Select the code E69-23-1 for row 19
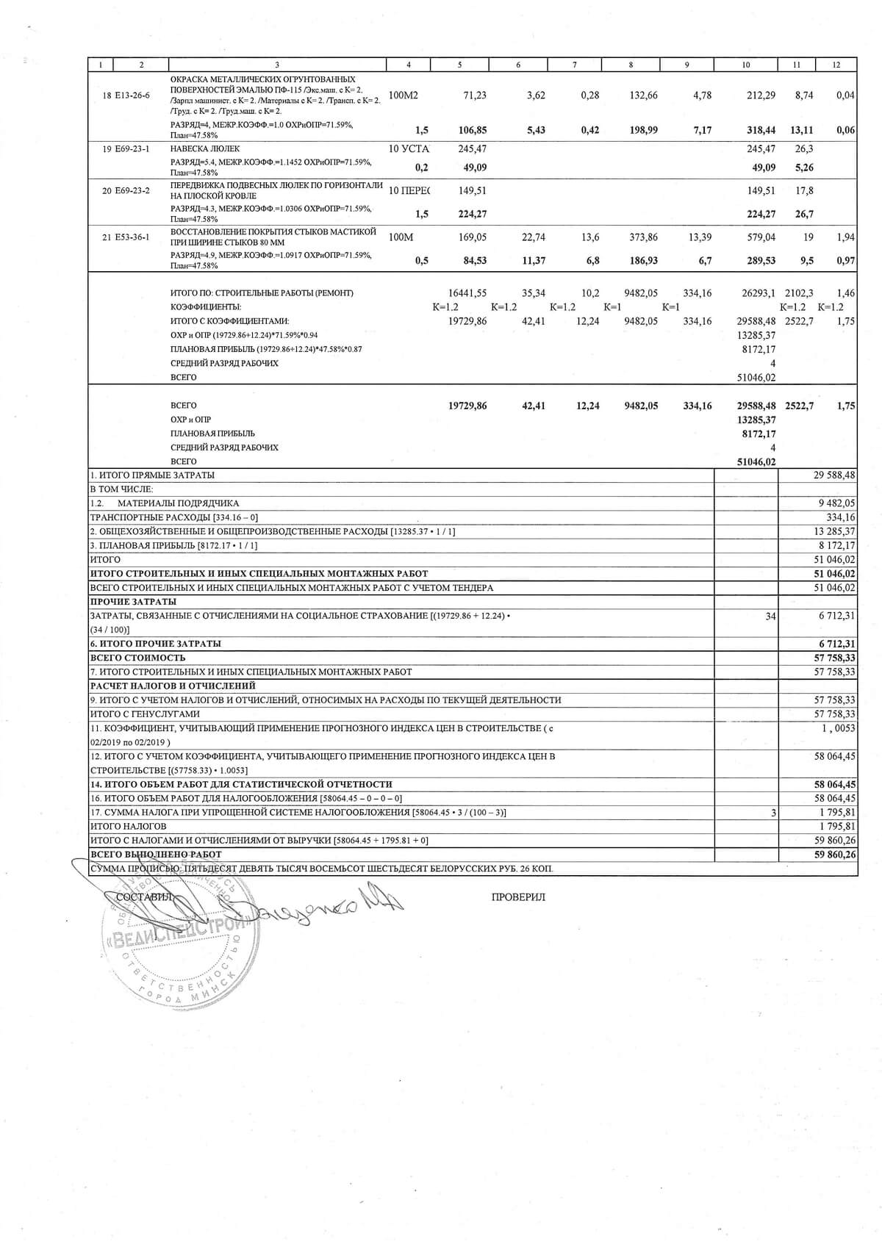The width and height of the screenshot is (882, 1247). tap(132, 148)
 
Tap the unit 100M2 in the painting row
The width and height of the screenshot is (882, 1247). tap(403, 96)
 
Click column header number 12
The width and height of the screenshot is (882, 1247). tap(836, 65)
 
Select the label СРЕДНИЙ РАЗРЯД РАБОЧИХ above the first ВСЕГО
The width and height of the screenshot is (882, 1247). tap(224, 363)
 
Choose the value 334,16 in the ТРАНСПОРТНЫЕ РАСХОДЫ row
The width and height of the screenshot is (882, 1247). tap(841, 517)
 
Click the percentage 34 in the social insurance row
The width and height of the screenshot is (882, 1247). tap(770, 617)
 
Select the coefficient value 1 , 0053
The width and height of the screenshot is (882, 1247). tap(839, 727)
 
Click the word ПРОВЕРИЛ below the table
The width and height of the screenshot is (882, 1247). tap(518, 897)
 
